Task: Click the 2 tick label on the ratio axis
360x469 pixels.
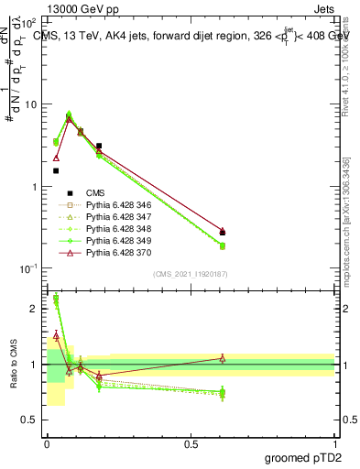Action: tap(34, 309)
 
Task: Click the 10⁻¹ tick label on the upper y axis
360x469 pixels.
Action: tap(28, 268)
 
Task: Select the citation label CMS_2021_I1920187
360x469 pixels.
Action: tap(190, 274)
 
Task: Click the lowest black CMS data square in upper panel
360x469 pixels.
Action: tap(56, 170)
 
